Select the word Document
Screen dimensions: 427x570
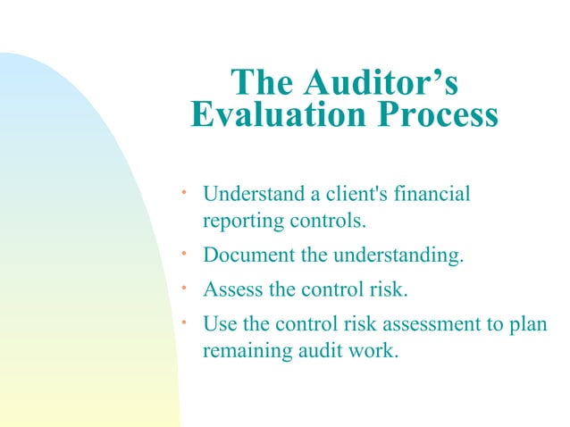[x=249, y=257]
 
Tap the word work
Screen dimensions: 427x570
[x=371, y=350]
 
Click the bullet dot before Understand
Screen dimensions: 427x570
[x=181, y=189]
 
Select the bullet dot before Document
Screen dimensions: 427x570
[x=181, y=254]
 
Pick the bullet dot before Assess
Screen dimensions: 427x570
[x=181, y=286]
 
